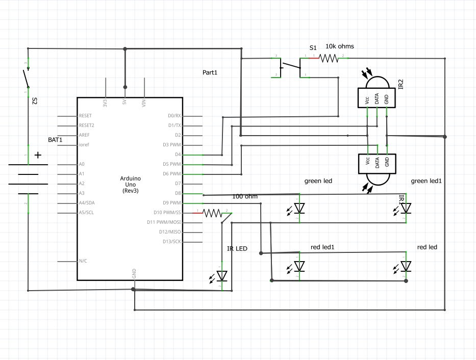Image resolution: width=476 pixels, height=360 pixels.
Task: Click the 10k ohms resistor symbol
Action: click(x=329, y=58)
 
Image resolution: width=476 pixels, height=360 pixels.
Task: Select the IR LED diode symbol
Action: click(x=222, y=276)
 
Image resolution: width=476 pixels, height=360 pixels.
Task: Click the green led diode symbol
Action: click(x=299, y=208)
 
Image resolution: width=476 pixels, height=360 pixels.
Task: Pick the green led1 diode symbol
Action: click(x=406, y=208)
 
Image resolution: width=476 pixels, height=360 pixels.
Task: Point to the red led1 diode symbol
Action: click(x=299, y=266)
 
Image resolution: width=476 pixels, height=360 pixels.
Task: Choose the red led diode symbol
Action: click(x=406, y=266)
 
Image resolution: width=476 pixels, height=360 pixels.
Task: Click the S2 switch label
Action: click(x=35, y=101)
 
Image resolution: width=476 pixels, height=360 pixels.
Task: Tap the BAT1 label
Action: click(x=55, y=139)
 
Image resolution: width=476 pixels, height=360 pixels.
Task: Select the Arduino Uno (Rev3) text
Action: click(x=131, y=184)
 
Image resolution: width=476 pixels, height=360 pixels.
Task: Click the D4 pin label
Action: click(x=178, y=155)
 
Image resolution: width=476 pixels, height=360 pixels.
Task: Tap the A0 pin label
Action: click(x=82, y=164)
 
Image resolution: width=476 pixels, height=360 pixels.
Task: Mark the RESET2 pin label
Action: click(x=87, y=125)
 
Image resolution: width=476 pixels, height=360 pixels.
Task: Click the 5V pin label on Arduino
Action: click(x=124, y=101)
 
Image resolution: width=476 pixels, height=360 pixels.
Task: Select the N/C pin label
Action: click(x=83, y=261)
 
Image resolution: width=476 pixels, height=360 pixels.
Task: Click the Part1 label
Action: click(x=210, y=73)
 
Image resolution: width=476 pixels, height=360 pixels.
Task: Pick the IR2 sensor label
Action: click(x=401, y=84)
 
